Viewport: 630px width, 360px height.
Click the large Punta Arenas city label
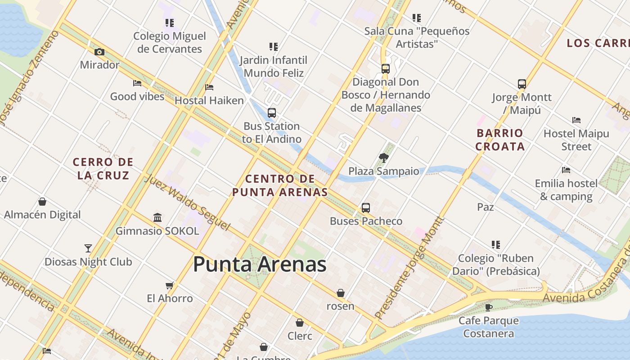(260, 264)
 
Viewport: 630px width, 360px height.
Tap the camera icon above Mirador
(99, 52)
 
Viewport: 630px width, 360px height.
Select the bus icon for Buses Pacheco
(366, 208)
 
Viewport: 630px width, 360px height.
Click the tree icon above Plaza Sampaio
(383, 157)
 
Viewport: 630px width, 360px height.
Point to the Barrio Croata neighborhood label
(500, 139)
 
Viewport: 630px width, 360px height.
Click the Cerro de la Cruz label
(103, 168)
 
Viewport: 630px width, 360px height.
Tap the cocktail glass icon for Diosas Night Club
(88, 248)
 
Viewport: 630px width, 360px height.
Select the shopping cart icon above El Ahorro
(170, 285)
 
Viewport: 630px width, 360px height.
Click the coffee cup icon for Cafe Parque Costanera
(489, 307)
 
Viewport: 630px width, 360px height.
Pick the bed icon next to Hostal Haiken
(209, 87)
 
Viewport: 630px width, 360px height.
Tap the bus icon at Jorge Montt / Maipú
(522, 84)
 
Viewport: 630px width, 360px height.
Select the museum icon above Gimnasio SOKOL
(157, 218)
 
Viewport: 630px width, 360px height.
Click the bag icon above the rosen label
(341, 293)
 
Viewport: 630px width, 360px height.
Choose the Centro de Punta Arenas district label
(280, 185)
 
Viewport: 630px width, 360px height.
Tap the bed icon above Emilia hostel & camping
(566, 170)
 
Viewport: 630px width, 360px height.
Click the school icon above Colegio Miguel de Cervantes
(170, 22)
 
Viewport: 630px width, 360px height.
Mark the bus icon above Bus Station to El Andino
(272, 113)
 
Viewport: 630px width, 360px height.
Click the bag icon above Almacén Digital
(42, 202)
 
